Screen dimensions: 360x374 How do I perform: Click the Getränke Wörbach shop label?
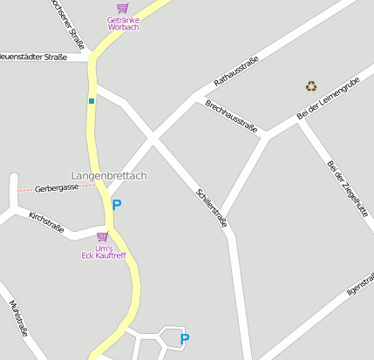point(123,24)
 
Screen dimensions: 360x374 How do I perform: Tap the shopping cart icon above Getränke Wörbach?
point(122,8)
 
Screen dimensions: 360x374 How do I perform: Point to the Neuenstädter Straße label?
point(33,58)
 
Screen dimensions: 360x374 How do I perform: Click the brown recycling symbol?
point(311,85)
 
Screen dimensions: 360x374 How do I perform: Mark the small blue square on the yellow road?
point(91,101)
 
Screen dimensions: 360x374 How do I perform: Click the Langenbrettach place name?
point(109,176)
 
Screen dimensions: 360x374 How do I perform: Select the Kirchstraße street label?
point(46,222)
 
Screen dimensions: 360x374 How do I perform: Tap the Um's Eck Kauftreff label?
point(103,252)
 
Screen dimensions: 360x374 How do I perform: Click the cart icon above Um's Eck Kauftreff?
point(103,236)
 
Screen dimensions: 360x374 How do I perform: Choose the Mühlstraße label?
point(18,317)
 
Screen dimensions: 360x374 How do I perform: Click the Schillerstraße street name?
point(212,207)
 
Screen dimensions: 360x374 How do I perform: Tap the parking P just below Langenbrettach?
point(117,205)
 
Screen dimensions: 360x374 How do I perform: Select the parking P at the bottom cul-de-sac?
point(184,338)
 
